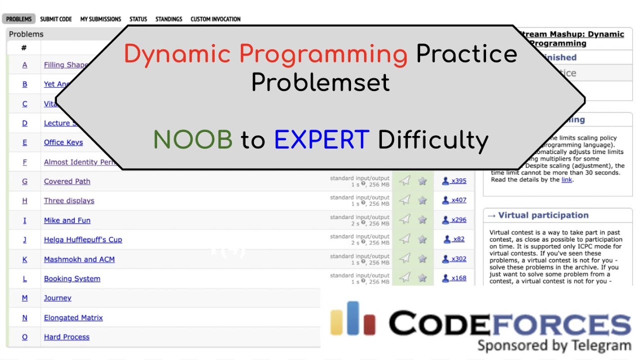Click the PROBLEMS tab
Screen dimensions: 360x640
click(19, 19)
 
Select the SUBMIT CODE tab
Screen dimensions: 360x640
click(56, 19)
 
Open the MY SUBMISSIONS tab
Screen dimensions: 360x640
click(100, 19)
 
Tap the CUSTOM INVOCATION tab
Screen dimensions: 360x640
click(215, 19)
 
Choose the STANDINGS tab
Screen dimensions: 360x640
click(168, 19)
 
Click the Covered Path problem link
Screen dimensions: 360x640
click(67, 181)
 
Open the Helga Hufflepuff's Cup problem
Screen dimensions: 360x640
click(83, 239)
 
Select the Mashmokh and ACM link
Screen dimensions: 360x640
click(79, 259)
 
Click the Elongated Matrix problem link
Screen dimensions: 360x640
click(73, 317)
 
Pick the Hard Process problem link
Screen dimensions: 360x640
click(66, 337)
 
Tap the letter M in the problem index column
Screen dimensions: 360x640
click(24, 298)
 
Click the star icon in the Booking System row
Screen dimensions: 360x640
click(422, 278)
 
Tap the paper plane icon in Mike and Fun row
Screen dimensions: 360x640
click(405, 220)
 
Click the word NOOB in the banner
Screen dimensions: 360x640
click(192, 140)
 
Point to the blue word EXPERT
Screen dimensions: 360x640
click(321, 140)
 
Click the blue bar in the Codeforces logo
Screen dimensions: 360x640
click(353, 318)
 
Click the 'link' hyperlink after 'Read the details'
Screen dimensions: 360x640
click(566, 179)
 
